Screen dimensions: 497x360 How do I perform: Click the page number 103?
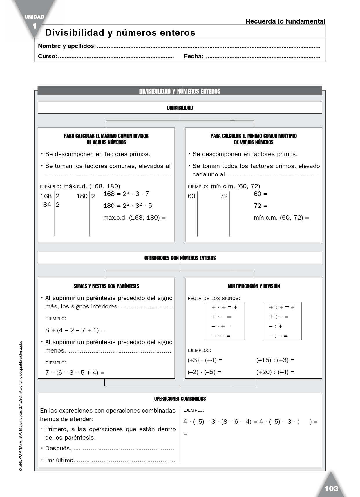(x=331, y=489)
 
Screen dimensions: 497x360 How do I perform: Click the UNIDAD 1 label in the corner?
(x=34, y=21)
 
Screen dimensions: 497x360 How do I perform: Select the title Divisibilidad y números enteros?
(x=120, y=32)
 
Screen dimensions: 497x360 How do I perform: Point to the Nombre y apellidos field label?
(x=67, y=46)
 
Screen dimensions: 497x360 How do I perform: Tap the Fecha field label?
(x=193, y=57)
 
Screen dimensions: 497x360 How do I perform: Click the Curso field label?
(x=48, y=57)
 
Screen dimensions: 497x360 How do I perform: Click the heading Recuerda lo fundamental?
(x=285, y=21)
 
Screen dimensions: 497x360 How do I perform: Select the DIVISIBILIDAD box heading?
(x=180, y=108)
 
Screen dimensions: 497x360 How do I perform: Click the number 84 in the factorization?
(x=47, y=205)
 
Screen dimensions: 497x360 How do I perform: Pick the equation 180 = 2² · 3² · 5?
(x=127, y=205)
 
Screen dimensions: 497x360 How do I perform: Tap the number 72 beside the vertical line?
(x=224, y=196)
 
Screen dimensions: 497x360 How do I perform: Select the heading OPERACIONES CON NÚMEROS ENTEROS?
(x=180, y=258)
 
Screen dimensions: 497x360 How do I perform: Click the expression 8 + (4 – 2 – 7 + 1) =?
(x=75, y=330)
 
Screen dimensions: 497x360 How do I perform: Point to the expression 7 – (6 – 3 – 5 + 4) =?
(x=75, y=372)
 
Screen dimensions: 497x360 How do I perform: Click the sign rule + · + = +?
(x=225, y=307)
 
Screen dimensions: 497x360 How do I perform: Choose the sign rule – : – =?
(x=278, y=336)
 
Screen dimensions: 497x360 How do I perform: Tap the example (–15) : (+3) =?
(x=275, y=360)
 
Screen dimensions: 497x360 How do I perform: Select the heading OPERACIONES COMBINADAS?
(x=180, y=399)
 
